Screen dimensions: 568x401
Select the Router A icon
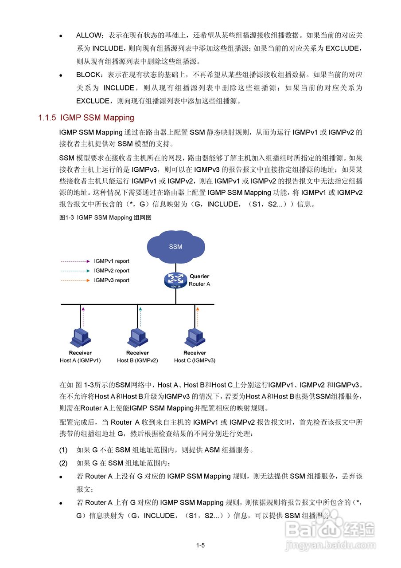click(x=176, y=280)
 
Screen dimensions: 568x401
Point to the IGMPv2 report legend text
click(x=112, y=271)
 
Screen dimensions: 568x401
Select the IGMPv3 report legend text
click(x=112, y=280)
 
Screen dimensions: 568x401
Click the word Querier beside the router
click(x=199, y=276)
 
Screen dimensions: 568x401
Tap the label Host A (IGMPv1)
click(x=80, y=360)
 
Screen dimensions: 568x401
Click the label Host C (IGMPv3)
click(x=195, y=360)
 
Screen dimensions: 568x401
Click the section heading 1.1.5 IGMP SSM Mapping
click(x=86, y=118)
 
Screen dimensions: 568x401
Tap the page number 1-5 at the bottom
click(x=200, y=545)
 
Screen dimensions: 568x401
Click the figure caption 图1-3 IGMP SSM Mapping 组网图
click(x=106, y=217)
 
